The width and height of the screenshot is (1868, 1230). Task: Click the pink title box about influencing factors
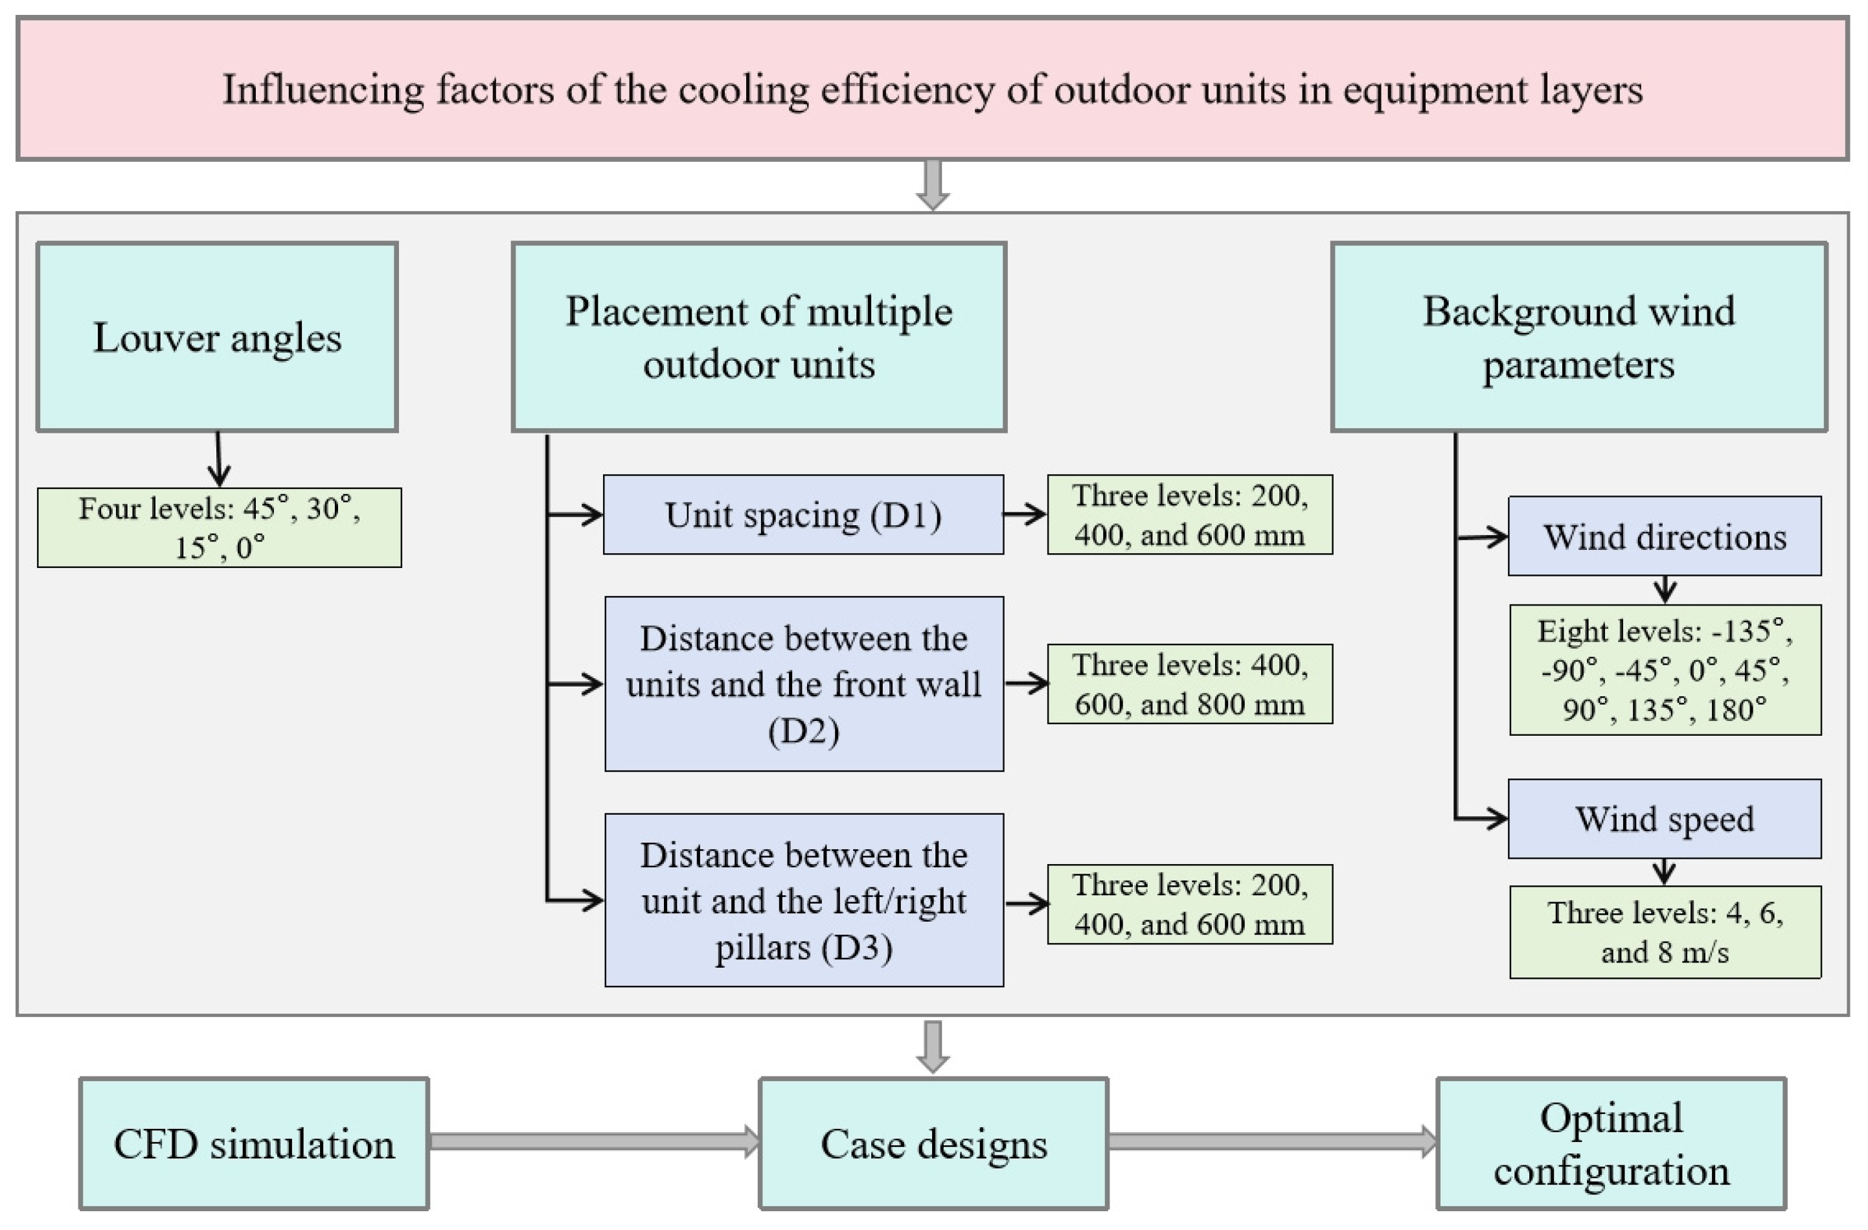pyautogui.click(x=933, y=89)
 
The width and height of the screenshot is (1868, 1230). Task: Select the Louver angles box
pyautogui.click(x=218, y=337)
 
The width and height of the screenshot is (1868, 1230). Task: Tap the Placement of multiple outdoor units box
pyautogui.click(x=758, y=337)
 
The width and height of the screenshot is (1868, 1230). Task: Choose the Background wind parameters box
pyautogui.click(x=1578, y=337)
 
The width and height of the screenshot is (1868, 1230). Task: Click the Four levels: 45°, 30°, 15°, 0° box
pyautogui.click(x=219, y=527)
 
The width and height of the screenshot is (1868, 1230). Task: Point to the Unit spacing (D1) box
pyautogui.click(x=803, y=515)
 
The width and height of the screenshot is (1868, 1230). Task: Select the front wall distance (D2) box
pyautogui.click(x=804, y=684)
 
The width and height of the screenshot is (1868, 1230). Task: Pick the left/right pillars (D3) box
pyautogui.click(x=804, y=900)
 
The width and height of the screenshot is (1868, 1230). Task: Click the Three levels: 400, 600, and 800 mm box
pyautogui.click(x=1189, y=684)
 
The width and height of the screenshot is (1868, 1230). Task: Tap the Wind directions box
pyautogui.click(x=1664, y=537)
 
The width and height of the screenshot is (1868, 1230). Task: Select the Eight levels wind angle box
pyautogui.click(x=1664, y=670)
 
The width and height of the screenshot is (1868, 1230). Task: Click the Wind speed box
pyautogui.click(x=1664, y=819)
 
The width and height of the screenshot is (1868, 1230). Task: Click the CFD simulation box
pyautogui.click(x=253, y=1144)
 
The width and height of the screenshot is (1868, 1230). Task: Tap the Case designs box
pyautogui.click(x=933, y=1144)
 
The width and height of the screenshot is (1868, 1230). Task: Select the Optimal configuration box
pyautogui.click(x=1611, y=1144)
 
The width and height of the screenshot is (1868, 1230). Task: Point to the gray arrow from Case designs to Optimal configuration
pyautogui.click(x=1271, y=1141)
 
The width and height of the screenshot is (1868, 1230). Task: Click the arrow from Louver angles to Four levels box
pyautogui.click(x=219, y=459)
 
